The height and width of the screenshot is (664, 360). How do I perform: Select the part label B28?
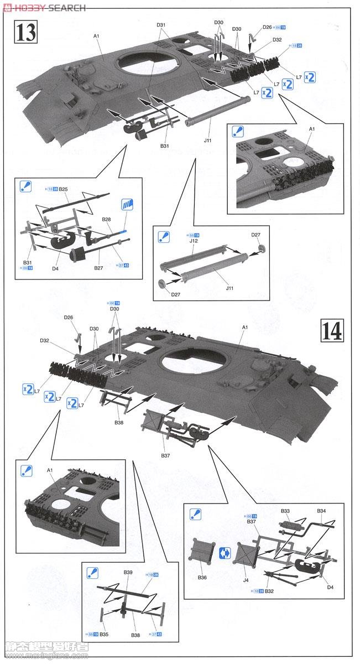tap(106, 220)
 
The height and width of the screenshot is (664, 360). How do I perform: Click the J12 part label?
tap(194, 242)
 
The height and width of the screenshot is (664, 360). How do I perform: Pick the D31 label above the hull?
tap(161, 25)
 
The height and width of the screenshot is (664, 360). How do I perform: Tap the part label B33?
tap(285, 511)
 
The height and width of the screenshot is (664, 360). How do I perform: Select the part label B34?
tap(322, 511)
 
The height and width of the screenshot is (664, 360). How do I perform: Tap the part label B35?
tap(105, 635)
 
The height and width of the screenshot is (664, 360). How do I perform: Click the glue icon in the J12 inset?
tap(164, 236)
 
